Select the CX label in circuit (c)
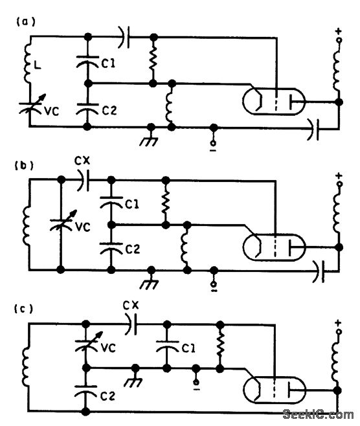click(x=131, y=304)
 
